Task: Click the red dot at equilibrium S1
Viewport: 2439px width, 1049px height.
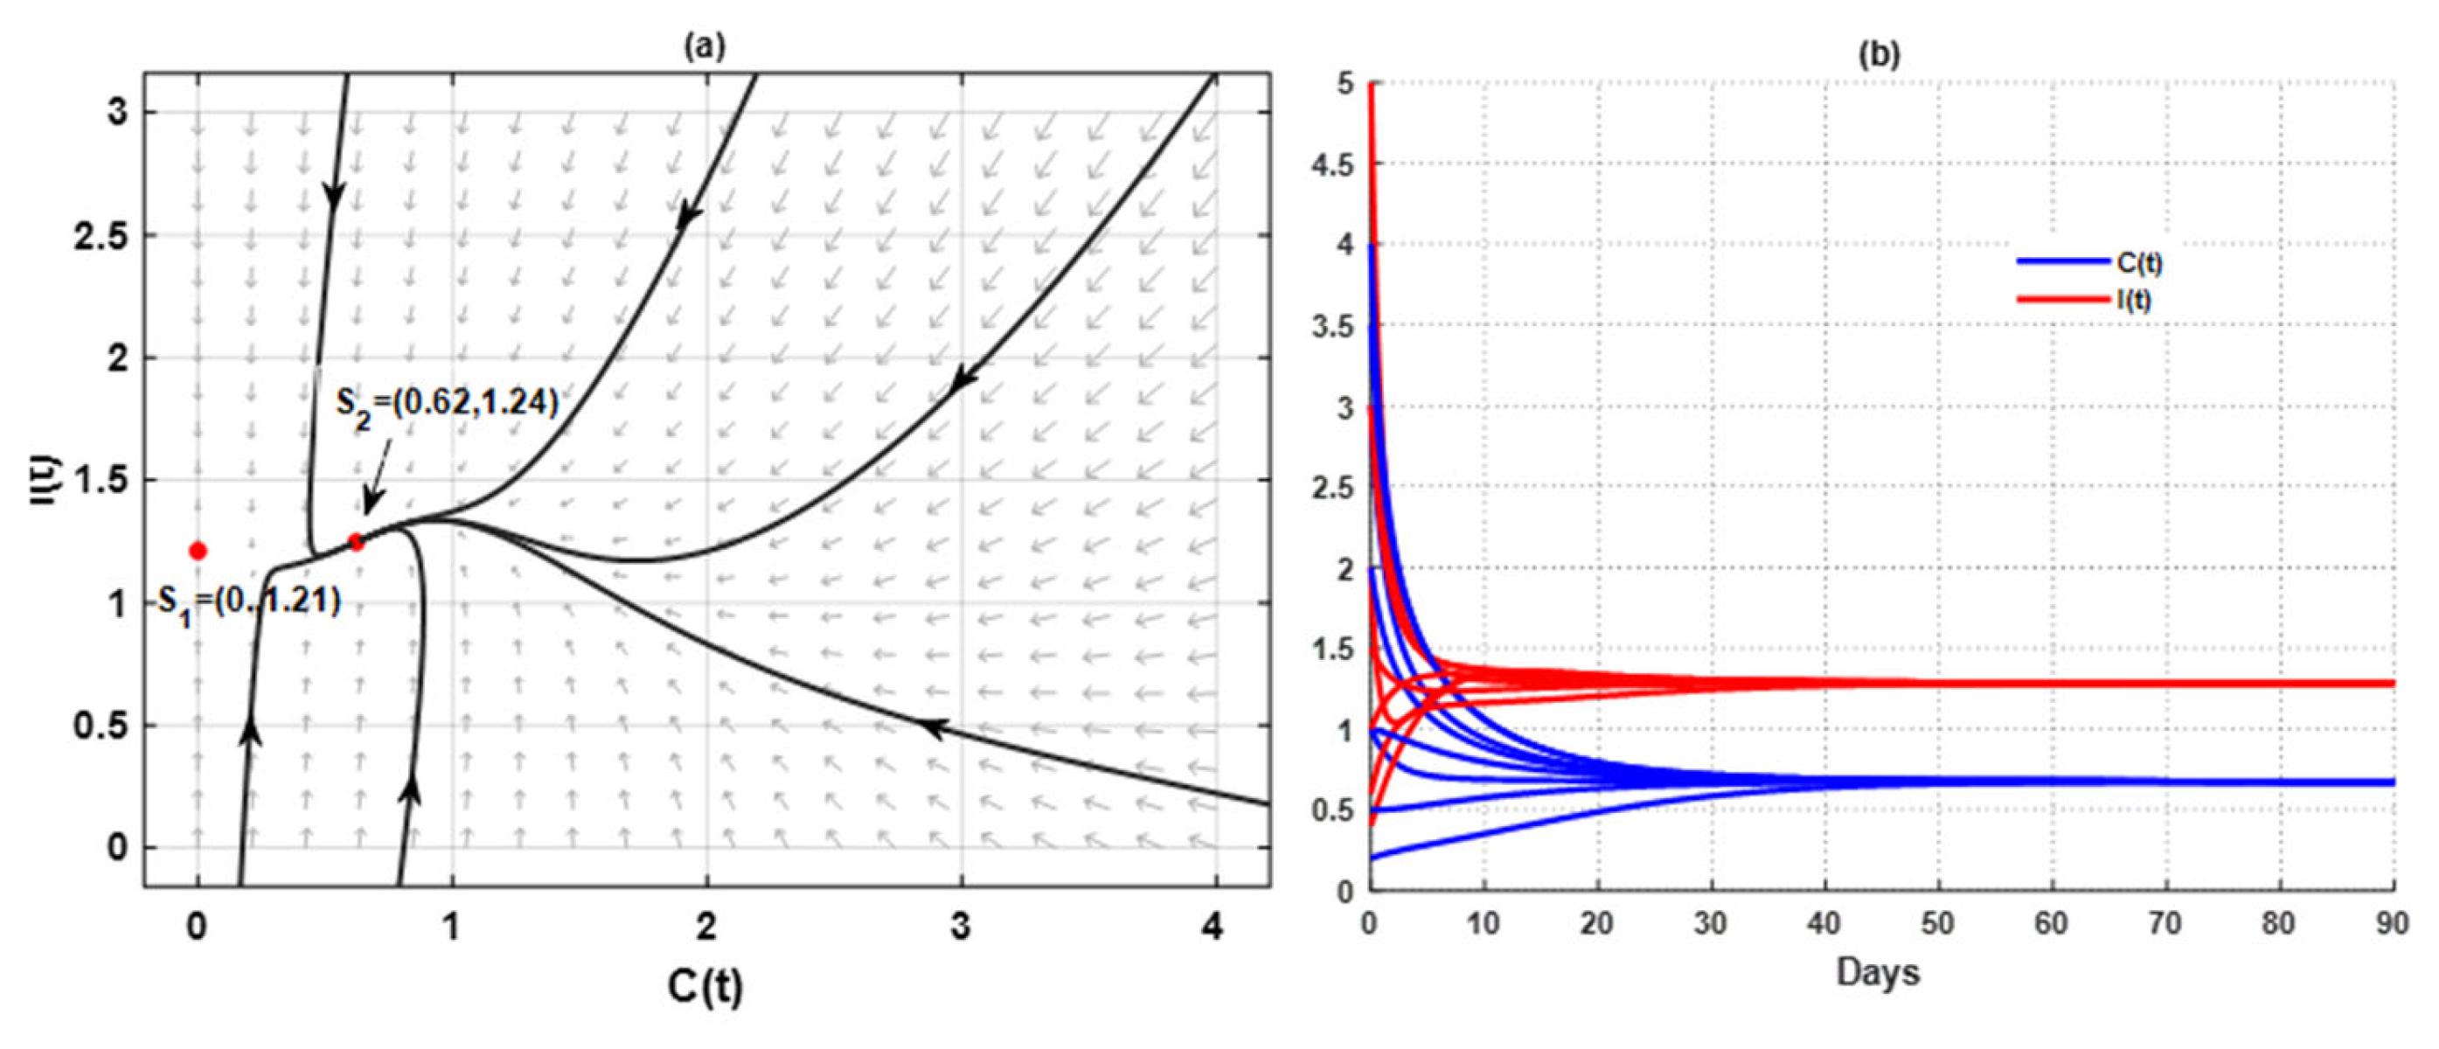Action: point(198,550)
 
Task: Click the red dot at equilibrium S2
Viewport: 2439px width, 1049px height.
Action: point(356,543)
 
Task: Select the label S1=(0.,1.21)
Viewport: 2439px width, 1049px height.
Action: point(248,602)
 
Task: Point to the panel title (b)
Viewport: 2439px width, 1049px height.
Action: point(1880,55)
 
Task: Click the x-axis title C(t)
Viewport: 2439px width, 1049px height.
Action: point(705,987)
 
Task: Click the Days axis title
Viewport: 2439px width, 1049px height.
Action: point(1879,972)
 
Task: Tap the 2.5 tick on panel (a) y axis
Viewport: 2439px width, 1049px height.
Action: point(101,236)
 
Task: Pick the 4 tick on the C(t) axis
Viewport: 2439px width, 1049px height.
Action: point(1213,927)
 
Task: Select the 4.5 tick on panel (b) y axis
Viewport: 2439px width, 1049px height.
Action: point(1333,164)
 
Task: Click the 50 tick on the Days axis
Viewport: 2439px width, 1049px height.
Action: point(1938,923)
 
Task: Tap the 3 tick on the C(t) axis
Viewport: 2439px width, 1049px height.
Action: point(960,927)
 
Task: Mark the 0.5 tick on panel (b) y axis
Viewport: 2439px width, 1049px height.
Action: point(1333,810)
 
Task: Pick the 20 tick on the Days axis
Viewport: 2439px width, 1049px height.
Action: point(1596,923)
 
